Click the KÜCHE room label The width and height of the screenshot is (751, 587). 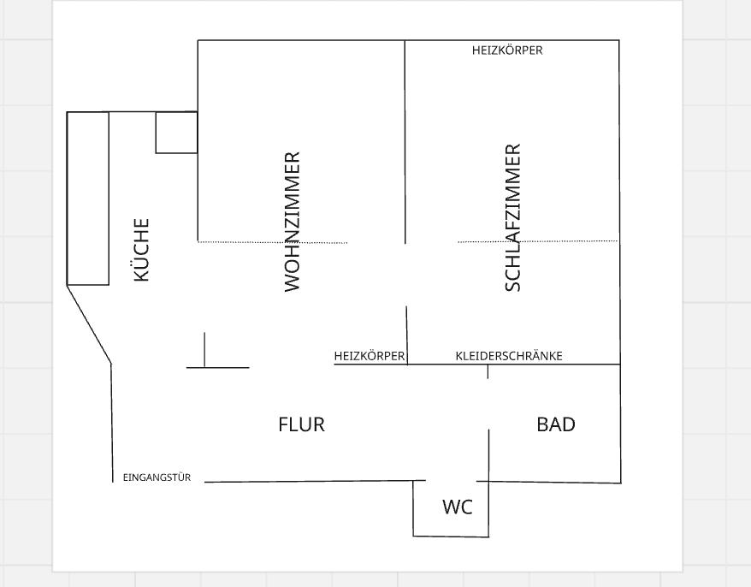click(141, 250)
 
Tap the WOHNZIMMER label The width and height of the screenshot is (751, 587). click(292, 222)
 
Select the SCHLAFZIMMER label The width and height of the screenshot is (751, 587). click(512, 217)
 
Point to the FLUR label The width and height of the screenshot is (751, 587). click(301, 424)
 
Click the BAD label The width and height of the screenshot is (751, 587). click(556, 424)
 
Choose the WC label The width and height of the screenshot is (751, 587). click(458, 507)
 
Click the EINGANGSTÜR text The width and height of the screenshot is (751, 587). click(157, 477)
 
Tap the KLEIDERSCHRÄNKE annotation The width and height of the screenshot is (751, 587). click(509, 356)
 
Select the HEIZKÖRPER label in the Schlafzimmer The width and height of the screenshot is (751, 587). click(507, 50)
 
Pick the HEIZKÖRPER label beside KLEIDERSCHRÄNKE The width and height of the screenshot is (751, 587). click(370, 356)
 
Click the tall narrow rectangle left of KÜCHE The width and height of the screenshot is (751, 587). click(87, 199)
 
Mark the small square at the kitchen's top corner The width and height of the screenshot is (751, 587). click(176, 133)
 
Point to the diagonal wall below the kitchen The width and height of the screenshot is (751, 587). click(89, 324)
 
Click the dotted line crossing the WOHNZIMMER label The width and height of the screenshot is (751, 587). click(273, 242)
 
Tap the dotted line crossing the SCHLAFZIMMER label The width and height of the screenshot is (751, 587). click(538, 241)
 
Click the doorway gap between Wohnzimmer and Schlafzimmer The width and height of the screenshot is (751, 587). click(405, 275)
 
